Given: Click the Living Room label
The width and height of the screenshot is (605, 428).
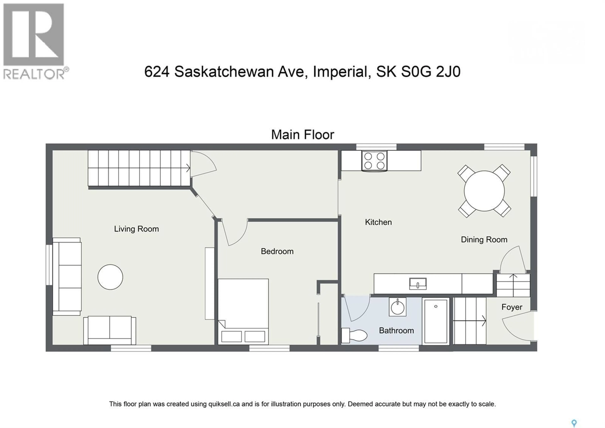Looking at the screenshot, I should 136,229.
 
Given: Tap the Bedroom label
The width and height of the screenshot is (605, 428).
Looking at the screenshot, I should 277,251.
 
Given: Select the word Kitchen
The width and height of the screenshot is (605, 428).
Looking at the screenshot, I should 378,222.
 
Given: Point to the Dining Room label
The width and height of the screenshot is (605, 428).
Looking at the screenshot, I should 484,240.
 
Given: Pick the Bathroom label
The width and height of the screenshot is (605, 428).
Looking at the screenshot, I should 396,331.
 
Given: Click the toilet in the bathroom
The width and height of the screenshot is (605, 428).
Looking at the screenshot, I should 354,336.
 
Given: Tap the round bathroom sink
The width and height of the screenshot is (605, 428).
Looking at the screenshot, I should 397,307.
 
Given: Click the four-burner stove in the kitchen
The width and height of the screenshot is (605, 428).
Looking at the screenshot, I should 374,161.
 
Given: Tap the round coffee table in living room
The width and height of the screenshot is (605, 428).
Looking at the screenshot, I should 110,277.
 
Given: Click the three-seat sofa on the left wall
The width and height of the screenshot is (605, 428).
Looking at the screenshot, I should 67,276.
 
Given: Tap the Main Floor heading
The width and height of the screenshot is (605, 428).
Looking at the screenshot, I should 302,135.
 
